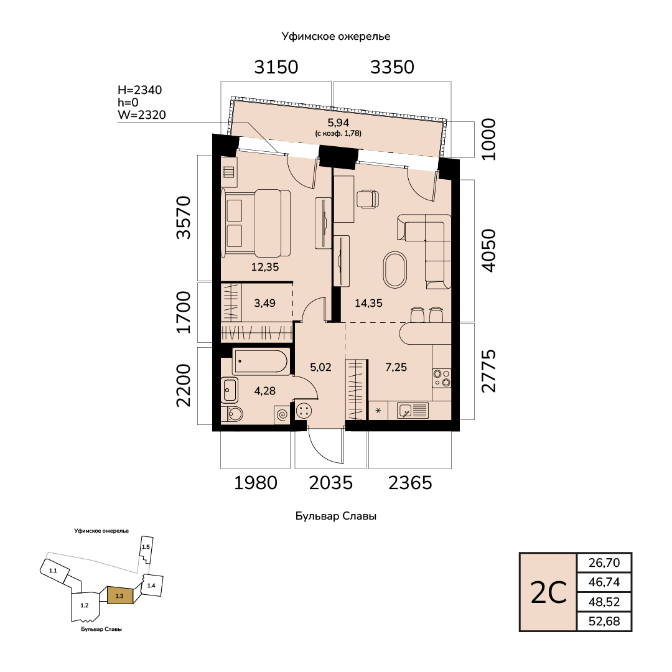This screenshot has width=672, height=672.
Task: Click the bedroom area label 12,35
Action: point(265,267)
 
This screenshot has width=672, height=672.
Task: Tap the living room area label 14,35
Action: point(368,303)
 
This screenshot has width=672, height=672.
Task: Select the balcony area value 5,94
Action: point(338,123)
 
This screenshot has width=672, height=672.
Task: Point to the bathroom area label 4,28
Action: point(265,391)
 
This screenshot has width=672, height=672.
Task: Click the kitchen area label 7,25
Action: point(396,367)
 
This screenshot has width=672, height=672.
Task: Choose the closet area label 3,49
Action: point(265,303)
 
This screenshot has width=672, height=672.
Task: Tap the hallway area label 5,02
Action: point(320,367)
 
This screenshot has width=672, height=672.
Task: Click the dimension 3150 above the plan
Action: point(276,67)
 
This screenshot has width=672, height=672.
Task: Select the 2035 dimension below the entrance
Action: point(331,483)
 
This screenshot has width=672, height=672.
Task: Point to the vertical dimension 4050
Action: point(488,250)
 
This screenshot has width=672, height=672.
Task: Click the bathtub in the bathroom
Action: point(261,361)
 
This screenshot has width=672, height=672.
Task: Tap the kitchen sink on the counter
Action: point(413,411)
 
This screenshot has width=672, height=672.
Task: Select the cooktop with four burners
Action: point(441,378)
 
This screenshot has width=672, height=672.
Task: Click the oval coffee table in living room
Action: point(395,270)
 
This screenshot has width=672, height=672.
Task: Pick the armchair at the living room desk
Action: point(368,199)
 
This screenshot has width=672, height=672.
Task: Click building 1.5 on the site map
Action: point(146,549)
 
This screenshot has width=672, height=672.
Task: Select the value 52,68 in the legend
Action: point(604,621)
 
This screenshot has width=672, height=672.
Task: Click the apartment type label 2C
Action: point(549,593)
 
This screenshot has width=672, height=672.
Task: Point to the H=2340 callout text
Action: point(140,90)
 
